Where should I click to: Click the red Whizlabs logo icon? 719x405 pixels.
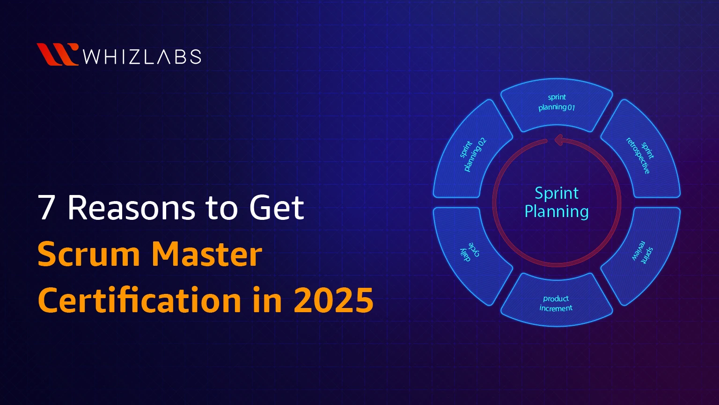coord(58,54)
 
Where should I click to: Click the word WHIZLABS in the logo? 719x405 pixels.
coord(142,57)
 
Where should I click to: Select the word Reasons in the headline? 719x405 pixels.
coord(131,208)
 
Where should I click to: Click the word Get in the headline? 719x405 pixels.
coord(276,208)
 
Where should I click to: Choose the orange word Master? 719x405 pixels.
coord(207,254)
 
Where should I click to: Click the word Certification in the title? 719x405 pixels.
coord(139,300)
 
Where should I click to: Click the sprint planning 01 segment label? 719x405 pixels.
coord(557,102)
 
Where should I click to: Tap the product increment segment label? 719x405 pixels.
coord(556,303)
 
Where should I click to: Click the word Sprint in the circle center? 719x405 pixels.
coord(557,194)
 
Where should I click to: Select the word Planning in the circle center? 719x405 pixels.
coord(557,211)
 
